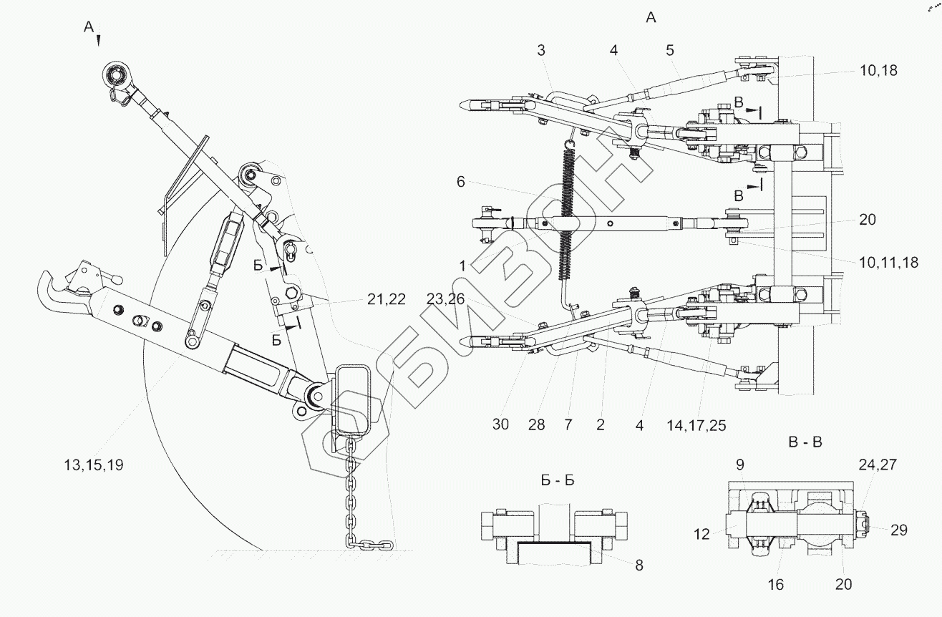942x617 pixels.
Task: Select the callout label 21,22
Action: click(386, 300)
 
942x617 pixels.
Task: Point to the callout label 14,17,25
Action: click(696, 425)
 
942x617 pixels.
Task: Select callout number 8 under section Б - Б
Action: click(638, 565)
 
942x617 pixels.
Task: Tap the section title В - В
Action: click(805, 442)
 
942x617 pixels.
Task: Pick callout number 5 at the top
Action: click(669, 50)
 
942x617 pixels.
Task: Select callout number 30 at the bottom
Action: click(500, 424)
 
